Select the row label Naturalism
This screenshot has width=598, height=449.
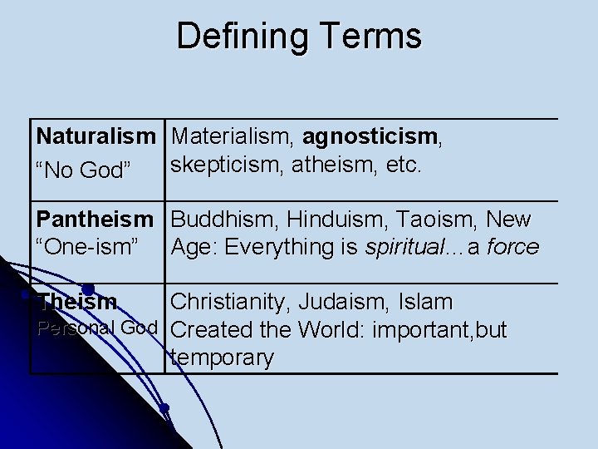(x=96, y=136)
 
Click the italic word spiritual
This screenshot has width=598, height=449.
(x=399, y=246)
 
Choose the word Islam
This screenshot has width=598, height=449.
(x=425, y=301)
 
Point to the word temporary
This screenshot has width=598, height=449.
(x=221, y=358)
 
